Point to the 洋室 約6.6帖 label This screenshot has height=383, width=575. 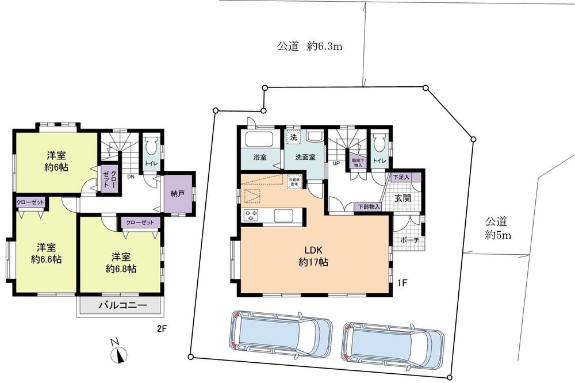[x=45, y=253]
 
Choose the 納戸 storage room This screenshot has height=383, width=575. [x=178, y=194]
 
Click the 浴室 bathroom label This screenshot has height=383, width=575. [x=259, y=157]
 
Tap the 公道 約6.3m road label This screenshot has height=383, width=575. [x=310, y=47]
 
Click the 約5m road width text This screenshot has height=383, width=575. [x=498, y=235]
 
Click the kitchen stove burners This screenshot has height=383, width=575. [x=252, y=216]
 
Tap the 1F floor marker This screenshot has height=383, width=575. [x=403, y=283]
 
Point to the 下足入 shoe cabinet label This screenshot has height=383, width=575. [x=401, y=177]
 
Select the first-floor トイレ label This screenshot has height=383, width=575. [x=379, y=162]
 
